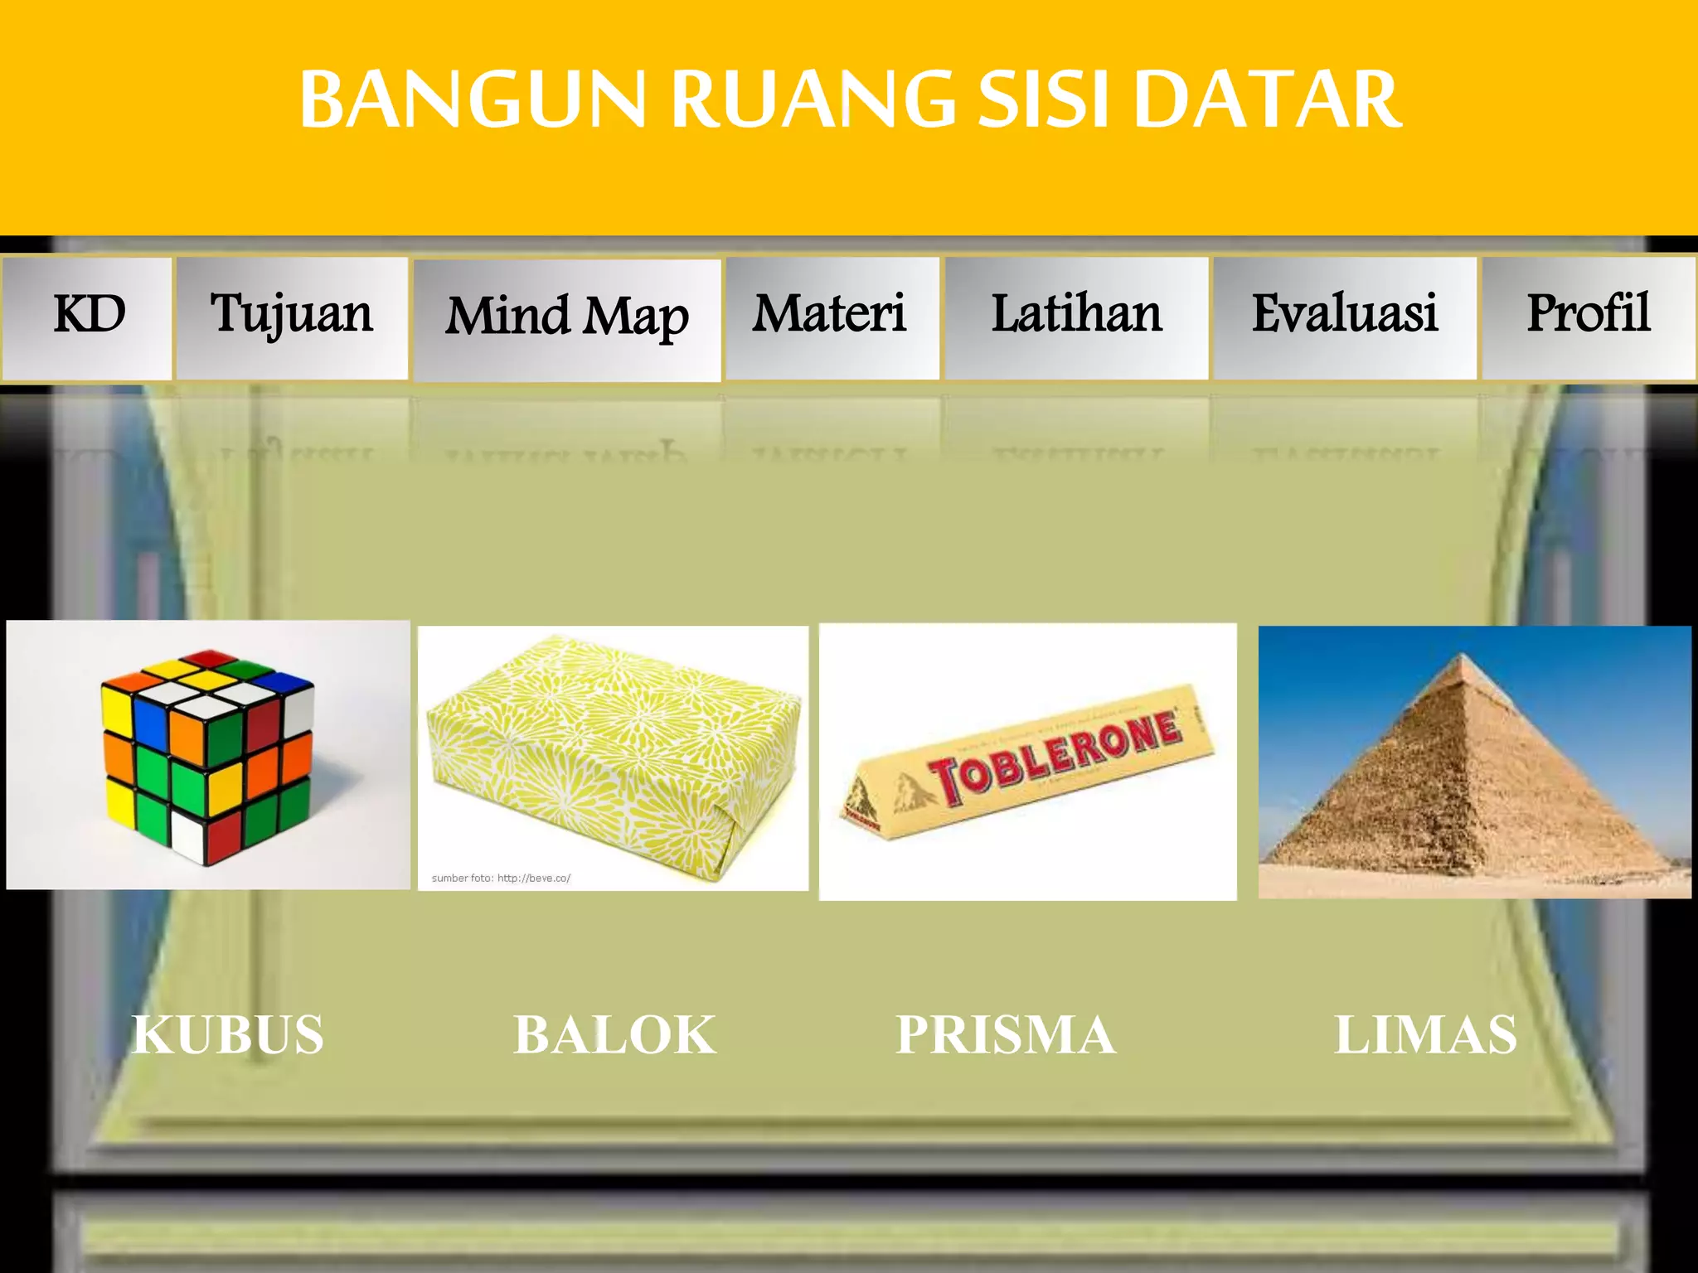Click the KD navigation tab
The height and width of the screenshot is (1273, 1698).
tap(88, 317)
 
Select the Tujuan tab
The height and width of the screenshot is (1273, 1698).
tap(292, 317)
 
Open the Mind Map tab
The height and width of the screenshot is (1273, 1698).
tap(567, 319)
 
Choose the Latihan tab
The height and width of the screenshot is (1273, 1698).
tap(1076, 317)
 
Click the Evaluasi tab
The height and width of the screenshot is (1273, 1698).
tap(1344, 317)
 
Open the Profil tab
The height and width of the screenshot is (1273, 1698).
tap(1588, 317)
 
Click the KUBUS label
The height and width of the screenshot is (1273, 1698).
tap(228, 1035)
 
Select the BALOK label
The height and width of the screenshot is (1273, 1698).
tap(614, 1035)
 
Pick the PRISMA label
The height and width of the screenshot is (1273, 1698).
tap(1006, 1035)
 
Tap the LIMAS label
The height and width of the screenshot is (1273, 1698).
tap(1426, 1035)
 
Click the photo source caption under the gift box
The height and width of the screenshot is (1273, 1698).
tap(501, 878)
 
